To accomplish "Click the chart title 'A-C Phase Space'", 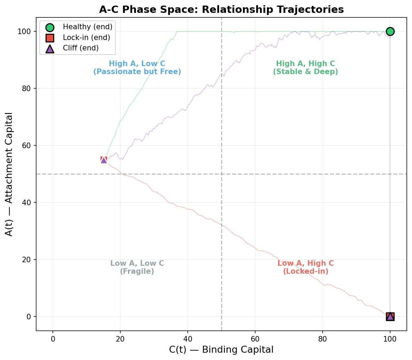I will click(x=221, y=9).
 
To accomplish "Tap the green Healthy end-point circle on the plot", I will click(x=390, y=31).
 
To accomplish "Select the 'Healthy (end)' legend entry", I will click(x=87, y=27).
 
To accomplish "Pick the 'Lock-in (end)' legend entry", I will click(x=86, y=38).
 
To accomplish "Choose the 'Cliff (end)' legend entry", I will click(x=81, y=48).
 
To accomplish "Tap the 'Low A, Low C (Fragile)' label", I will click(x=137, y=267).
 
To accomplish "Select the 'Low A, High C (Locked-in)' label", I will click(x=305, y=267).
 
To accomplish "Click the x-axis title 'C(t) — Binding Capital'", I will click(x=221, y=350).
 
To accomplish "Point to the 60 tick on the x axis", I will click(x=255, y=338).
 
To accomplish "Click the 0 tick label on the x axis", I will click(x=53, y=338).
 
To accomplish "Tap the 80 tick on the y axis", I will click(x=26, y=88).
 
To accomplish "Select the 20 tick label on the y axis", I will click(x=26, y=259).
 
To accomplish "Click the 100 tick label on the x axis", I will click(x=390, y=338).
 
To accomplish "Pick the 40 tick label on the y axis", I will click(x=26, y=202).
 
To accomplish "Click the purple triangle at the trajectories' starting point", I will click(x=104, y=160).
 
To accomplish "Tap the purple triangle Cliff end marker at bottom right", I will click(x=390, y=316).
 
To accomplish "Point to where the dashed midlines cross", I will click(x=221, y=174).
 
